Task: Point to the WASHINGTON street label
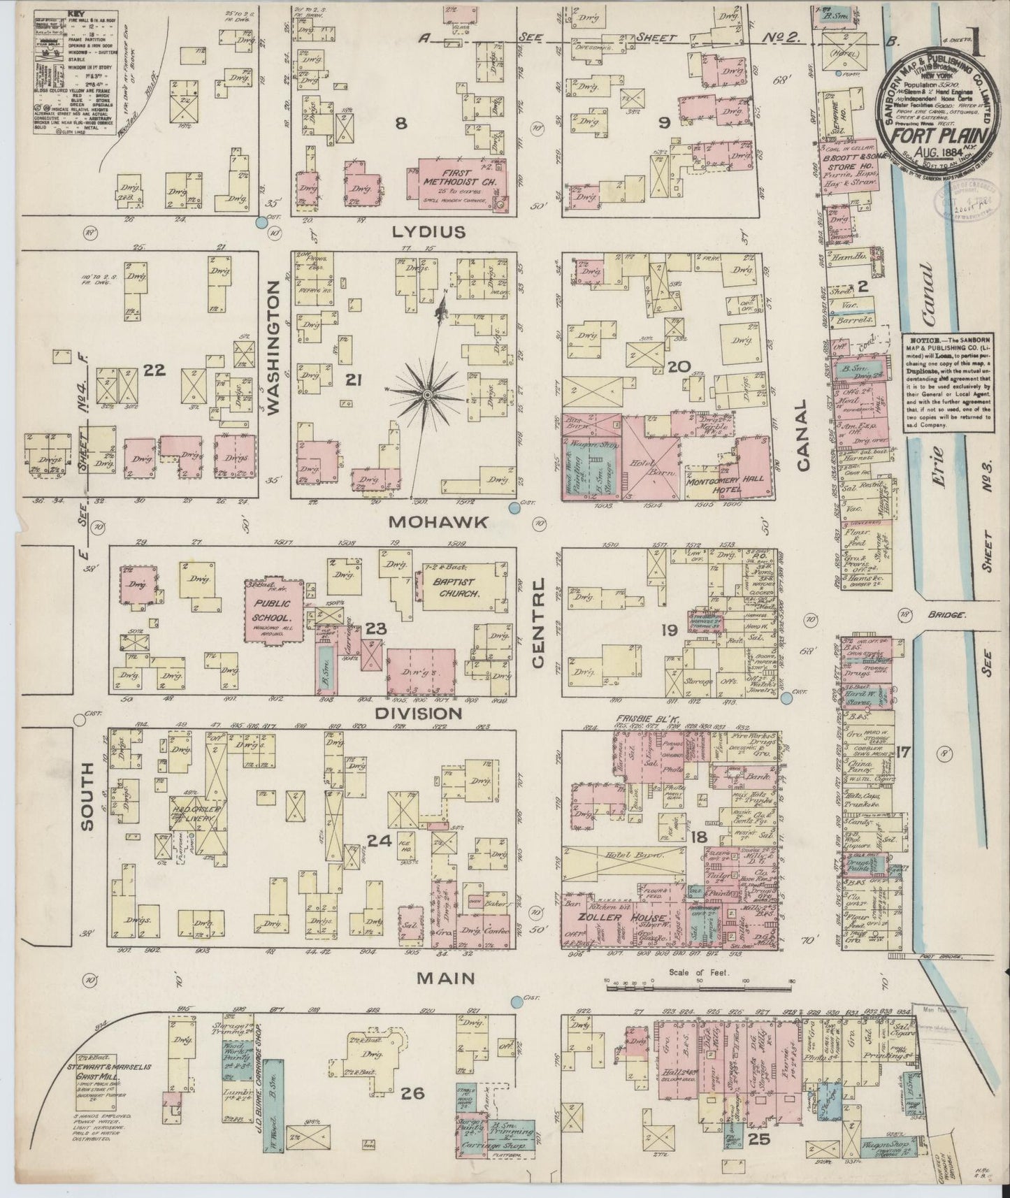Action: click(x=273, y=349)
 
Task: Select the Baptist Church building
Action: click(x=458, y=588)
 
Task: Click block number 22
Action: click(x=154, y=370)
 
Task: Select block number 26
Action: click(x=413, y=1093)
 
